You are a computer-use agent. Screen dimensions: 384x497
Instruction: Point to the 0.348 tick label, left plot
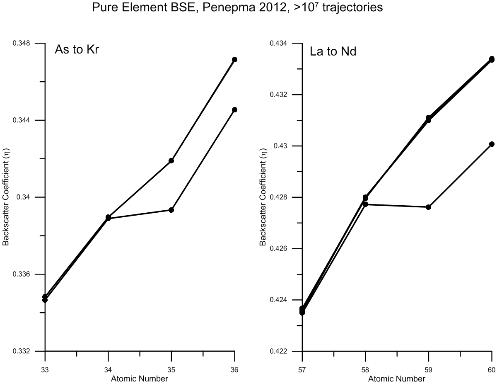coord(27,43)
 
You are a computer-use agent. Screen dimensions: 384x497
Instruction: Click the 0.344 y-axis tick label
coord(27,120)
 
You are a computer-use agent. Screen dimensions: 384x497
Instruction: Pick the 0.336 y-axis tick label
coord(27,274)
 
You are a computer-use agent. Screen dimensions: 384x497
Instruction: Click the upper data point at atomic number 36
coord(234,59)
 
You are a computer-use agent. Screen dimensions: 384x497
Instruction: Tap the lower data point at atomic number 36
coord(234,109)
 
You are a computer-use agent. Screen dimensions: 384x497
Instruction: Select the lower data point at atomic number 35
coord(171,210)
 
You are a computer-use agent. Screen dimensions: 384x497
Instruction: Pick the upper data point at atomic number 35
coord(171,160)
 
